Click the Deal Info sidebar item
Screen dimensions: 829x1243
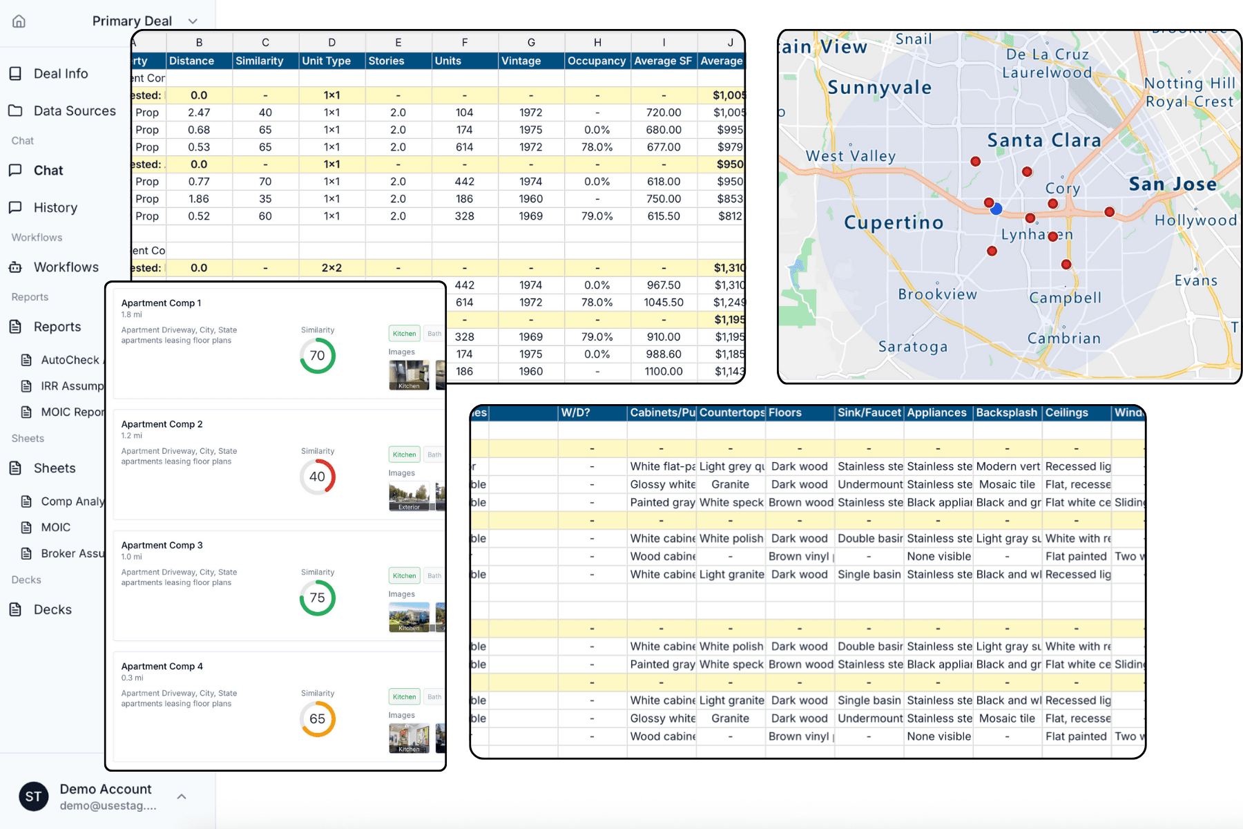pyautogui.click(x=60, y=74)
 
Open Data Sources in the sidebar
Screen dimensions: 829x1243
pyautogui.click(x=74, y=111)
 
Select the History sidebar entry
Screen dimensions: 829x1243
pyautogui.click(x=55, y=208)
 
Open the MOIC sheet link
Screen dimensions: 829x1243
pyautogui.click(x=55, y=528)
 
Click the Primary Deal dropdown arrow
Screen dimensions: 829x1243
pyautogui.click(x=193, y=21)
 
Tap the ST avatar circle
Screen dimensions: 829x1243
pyautogui.click(x=33, y=797)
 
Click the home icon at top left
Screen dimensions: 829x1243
pyautogui.click(x=19, y=21)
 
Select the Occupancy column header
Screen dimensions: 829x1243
pyautogui.click(x=596, y=61)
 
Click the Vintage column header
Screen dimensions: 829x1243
pyautogui.click(x=521, y=61)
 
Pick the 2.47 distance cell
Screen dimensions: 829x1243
pyautogui.click(x=199, y=113)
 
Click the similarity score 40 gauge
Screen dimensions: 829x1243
pyautogui.click(x=317, y=477)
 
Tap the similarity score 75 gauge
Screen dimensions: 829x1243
pyautogui.click(x=317, y=598)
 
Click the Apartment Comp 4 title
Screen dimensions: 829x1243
pyautogui.click(x=162, y=667)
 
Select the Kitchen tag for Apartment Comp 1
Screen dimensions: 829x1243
pyautogui.click(x=404, y=334)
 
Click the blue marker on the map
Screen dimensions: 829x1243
pyautogui.click(x=996, y=209)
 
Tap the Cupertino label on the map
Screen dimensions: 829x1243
pyautogui.click(x=893, y=222)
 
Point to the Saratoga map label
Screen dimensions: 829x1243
pyautogui.click(x=912, y=347)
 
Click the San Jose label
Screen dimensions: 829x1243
pyautogui.click(x=1172, y=184)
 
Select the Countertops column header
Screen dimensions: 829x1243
pyautogui.click(x=731, y=413)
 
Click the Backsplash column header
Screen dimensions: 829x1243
pyautogui.click(x=1006, y=413)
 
